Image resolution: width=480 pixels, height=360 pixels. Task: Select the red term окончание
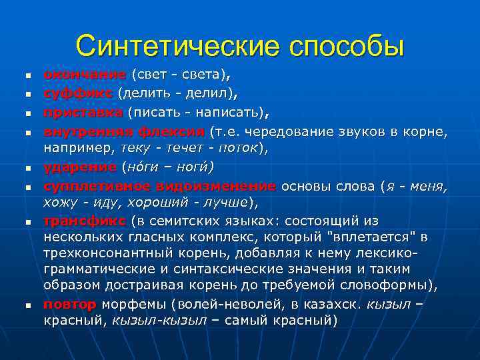pos(84,74)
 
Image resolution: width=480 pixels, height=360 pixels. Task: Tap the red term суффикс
pos(78,91)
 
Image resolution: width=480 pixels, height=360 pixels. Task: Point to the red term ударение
pos(80,165)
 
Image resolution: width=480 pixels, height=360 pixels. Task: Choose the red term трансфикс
pos(84,221)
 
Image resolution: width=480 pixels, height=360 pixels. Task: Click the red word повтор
pos(70,305)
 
